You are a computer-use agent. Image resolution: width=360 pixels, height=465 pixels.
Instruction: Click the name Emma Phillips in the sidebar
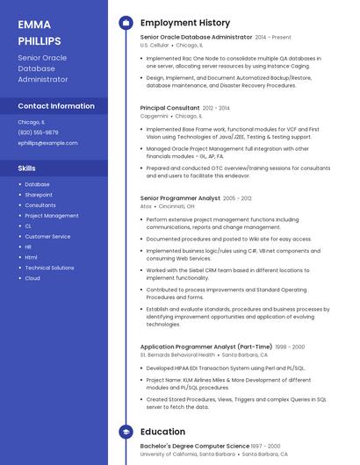pos(40,32)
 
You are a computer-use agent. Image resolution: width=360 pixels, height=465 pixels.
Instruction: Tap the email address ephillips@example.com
pos(47,143)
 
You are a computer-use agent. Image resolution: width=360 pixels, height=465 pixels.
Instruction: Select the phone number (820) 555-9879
pos(38,132)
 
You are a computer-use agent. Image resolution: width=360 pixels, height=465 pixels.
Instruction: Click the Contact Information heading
pos(56,106)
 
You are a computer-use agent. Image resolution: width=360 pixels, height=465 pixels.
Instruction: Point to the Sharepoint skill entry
pos(39,195)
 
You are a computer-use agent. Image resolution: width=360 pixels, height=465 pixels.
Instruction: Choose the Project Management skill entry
pos(51,216)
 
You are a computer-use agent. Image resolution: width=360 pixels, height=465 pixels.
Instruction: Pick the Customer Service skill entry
pos(47,237)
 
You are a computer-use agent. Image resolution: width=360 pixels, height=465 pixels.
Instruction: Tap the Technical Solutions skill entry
pos(49,268)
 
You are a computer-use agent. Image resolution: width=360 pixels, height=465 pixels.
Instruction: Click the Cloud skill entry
pos(32,278)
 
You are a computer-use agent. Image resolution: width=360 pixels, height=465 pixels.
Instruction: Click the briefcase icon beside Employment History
pos(126,23)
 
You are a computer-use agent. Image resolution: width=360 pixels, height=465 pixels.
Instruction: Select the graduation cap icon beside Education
pos(126,432)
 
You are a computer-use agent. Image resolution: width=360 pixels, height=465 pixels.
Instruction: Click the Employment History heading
pos(185,23)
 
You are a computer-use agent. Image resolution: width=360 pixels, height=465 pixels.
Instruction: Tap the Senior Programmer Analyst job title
pos(180,198)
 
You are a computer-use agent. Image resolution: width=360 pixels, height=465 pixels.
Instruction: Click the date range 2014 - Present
pos(273,38)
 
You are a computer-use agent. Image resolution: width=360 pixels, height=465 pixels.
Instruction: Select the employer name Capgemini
pos(154,116)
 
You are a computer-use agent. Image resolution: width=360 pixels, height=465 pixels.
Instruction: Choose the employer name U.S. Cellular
pos(155,45)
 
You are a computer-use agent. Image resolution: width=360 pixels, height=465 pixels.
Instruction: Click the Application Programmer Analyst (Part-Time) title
pos(205,347)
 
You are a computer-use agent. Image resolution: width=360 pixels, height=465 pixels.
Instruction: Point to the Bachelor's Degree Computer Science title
pos(194,447)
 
